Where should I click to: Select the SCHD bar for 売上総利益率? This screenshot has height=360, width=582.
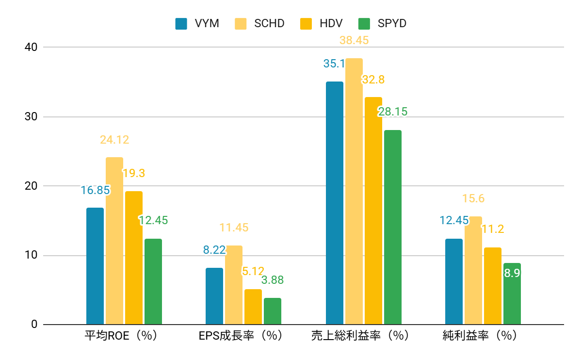354,191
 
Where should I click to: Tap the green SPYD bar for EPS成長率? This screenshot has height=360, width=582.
273,311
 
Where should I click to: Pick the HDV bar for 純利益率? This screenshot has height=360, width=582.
493,286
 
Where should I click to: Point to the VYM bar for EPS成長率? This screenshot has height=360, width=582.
214,296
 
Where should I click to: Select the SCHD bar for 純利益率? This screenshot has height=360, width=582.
473,270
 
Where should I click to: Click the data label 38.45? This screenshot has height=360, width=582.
354,40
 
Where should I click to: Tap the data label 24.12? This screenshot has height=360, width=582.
114,140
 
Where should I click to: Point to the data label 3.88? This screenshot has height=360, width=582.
273,280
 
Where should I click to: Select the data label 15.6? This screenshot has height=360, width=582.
473,198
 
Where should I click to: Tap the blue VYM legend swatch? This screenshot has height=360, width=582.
181,23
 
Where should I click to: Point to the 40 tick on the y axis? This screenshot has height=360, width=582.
31,47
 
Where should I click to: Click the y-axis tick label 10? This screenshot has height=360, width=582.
31,255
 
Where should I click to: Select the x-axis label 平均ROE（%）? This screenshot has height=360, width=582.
121,336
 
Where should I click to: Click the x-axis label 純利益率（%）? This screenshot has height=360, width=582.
480,336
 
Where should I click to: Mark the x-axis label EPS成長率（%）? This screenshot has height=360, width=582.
241,336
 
